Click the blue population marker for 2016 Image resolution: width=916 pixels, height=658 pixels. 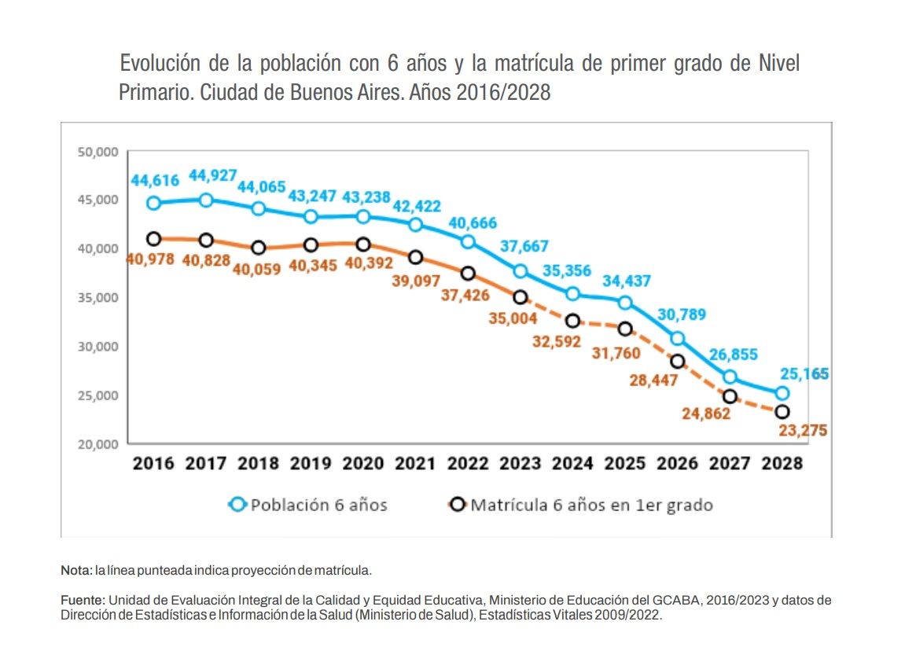point(154,203)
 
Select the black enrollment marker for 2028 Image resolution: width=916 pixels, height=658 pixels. point(782,412)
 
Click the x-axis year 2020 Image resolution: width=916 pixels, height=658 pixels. point(363,463)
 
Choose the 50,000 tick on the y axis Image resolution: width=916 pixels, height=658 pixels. point(97,152)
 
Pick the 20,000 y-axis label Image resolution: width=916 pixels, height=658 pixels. point(97,444)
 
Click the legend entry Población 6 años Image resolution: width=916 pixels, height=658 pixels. point(308,505)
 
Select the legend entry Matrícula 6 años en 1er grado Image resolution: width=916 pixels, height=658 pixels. point(581,505)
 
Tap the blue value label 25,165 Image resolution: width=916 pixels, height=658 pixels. point(803,373)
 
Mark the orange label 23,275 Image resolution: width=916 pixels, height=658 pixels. point(803,431)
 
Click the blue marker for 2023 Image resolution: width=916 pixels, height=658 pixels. point(520,271)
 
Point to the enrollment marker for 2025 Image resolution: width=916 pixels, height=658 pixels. point(624,329)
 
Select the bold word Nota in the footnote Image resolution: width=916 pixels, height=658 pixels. point(76,570)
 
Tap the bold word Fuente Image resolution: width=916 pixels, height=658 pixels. point(82,601)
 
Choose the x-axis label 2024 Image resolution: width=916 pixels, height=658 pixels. point(572,463)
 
